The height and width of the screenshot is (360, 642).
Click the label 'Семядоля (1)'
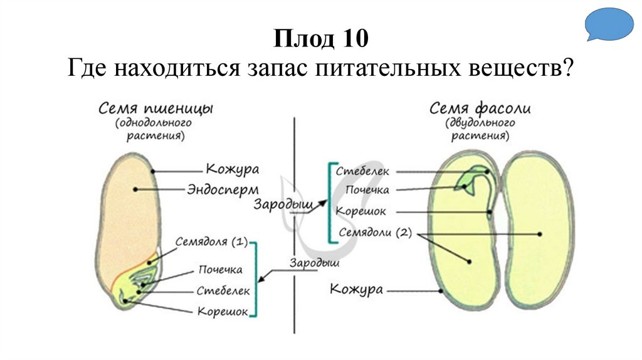(x=212, y=241)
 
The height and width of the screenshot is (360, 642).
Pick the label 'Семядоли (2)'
(x=374, y=233)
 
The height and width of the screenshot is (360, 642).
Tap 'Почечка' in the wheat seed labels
(x=220, y=270)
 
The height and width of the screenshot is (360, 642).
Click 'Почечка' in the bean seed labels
(x=367, y=190)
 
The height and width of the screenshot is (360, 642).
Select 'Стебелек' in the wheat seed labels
(x=223, y=290)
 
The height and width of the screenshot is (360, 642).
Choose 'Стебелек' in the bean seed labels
(x=362, y=171)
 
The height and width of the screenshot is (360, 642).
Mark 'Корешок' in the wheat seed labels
(x=222, y=311)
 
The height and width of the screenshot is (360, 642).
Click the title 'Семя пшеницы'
(x=156, y=109)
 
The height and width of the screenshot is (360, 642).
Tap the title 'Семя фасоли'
(x=480, y=109)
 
